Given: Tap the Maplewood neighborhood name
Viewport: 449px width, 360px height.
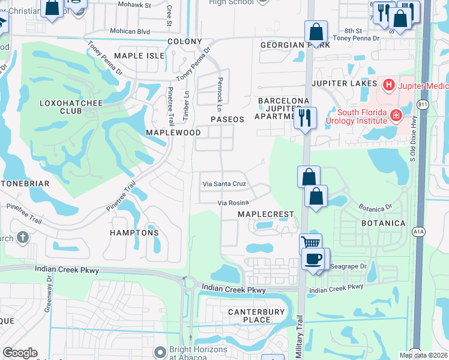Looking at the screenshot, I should (x=173, y=131).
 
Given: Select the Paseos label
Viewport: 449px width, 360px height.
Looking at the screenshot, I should (x=228, y=119).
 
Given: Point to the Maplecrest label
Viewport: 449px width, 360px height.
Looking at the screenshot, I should (x=266, y=214).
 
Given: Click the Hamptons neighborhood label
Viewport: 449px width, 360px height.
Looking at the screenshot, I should (x=134, y=232).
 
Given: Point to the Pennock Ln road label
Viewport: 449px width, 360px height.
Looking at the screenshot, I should (x=220, y=93).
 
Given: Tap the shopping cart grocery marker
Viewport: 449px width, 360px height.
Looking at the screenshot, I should (x=310, y=244).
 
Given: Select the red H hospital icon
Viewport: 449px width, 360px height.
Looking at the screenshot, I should (x=388, y=85).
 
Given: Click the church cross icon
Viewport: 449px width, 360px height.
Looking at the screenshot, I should (x=23, y=238).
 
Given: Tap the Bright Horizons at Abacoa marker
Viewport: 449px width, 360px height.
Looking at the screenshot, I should (x=160, y=352).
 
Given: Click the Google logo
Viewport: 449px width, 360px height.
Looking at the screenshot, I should (x=20, y=353).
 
